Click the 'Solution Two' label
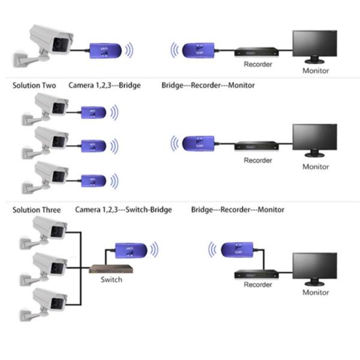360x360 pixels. [34, 85]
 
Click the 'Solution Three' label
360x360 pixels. [37, 210]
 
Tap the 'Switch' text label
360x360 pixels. [111, 280]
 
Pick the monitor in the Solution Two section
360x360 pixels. [315, 141]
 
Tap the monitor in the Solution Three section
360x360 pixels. [315, 268]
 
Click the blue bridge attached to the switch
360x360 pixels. [131, 248]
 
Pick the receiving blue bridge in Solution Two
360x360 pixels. [199, 143]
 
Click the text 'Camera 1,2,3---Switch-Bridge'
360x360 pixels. [124, 210]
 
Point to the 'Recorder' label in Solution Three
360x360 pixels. [257, 284]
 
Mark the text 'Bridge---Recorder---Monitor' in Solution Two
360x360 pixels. [208, 85]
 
